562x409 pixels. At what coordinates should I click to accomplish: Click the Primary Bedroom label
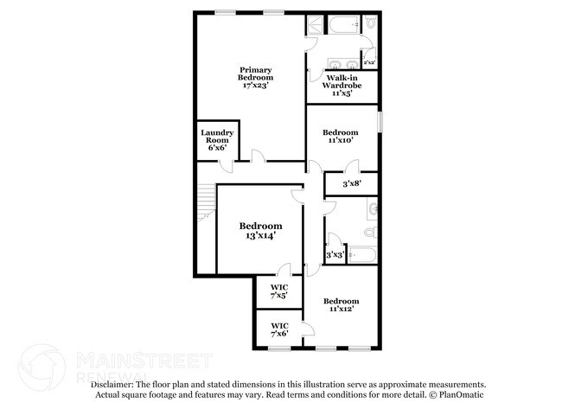click(256, 78)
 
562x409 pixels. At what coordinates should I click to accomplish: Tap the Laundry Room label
click(217, 140)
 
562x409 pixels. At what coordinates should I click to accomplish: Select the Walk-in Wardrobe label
click(342, 86)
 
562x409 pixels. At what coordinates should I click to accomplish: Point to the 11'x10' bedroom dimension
click(341, 140)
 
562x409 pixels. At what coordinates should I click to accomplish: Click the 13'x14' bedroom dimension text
click(260, 235)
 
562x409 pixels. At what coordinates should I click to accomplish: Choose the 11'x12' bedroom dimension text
click(342, 309)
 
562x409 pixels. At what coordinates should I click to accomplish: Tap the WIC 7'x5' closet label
click(279, 291)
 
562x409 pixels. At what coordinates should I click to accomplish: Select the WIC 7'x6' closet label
click(279, 329)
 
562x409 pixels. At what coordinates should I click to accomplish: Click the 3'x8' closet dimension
click(352, 184)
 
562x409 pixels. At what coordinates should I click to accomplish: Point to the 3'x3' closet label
click(335, 255)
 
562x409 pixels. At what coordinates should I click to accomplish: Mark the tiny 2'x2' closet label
click(369, 62)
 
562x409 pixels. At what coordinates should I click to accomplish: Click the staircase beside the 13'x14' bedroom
click(206, 203)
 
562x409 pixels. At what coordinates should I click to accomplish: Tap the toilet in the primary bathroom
click(371, 22)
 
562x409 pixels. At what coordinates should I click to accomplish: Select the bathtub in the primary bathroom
click(344, 24)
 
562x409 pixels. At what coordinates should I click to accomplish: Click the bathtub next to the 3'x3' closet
click(362, 255)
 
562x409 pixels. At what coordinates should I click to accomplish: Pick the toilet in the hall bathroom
click(371, 232)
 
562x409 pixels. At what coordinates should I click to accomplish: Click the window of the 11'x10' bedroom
click(380, 122)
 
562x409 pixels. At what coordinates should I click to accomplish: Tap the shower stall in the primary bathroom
click(315, 24)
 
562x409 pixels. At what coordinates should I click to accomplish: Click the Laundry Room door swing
click(227, 167)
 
